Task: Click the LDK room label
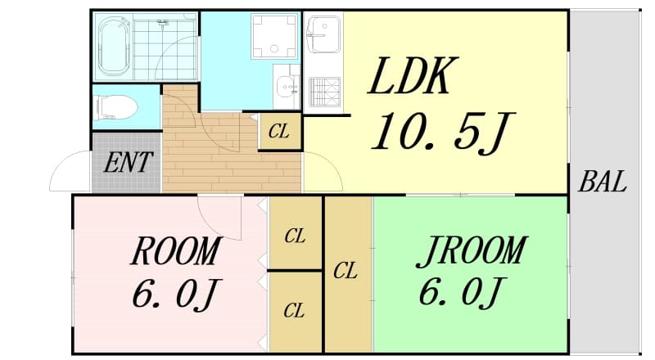(413, 76)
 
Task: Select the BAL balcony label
(602, 182)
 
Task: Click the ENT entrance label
(128, 162)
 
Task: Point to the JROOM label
(472, 251)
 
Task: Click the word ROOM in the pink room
(176, 251)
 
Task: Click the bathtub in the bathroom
(114, 46)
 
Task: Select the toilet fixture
(116, 107)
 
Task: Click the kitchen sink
(323, 34)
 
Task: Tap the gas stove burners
(324, 92)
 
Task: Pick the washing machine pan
(274, 36)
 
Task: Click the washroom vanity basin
(287, 87)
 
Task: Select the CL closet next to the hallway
(280, 132)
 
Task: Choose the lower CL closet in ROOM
(295, 312)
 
